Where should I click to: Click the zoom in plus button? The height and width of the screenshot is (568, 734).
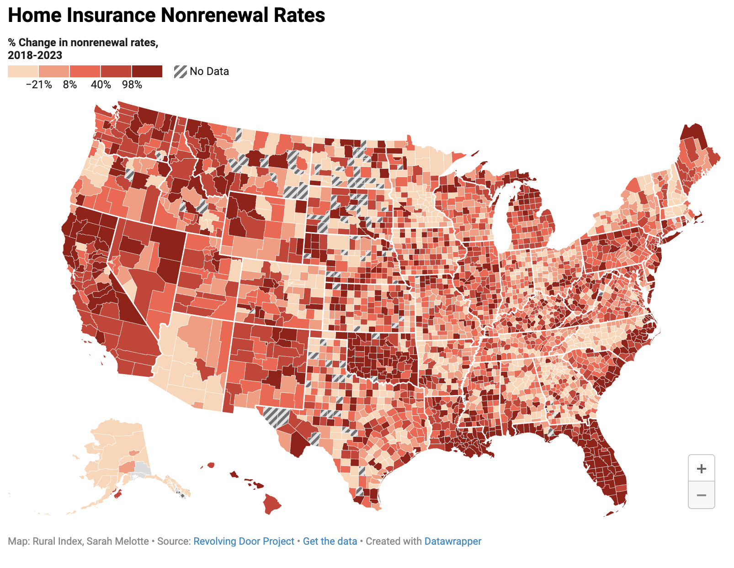(x=701, y=468)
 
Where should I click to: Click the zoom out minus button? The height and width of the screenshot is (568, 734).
(x=701, y=495)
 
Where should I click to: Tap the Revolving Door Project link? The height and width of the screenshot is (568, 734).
(x=244, y=541)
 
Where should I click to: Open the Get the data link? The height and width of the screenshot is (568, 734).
(x=330, y=541)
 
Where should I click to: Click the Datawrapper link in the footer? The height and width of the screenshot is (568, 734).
(x=452, y=541)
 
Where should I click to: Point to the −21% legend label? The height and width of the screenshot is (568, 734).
(x=39, y=85)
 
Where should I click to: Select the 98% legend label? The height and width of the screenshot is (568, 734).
(x=132, y=85)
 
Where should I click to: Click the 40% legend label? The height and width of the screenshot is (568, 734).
(x=101, y=85)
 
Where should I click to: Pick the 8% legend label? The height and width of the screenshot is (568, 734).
(x=70, y=85)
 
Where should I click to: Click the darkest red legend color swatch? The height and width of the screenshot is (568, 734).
(x=147, y=71)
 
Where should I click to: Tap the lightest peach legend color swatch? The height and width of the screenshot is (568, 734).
(x=23, y=71)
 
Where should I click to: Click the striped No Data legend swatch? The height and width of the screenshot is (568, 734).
(x=181, y=72)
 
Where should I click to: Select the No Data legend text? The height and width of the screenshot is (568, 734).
(x=209, y=71)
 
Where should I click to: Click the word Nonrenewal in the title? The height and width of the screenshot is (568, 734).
(x=214, y=15)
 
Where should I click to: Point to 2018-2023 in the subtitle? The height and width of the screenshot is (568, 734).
(x=35, y=55)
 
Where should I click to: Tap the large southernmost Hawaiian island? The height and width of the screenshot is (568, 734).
(x=271, y=504)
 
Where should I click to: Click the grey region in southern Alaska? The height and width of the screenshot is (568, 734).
(x=143, y=470)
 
